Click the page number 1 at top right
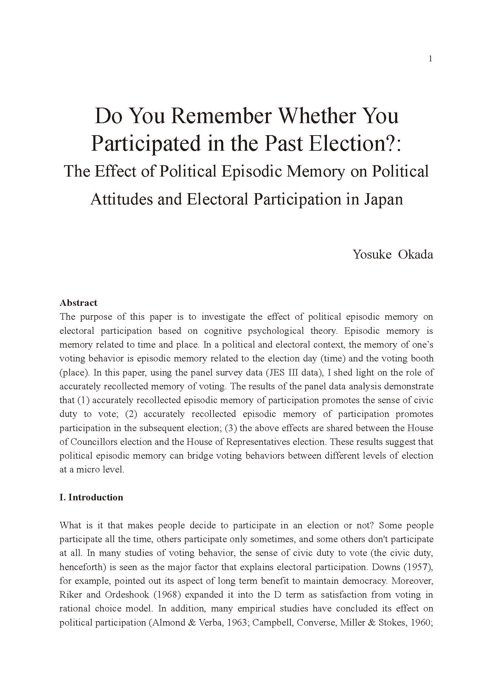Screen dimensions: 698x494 [430, 59]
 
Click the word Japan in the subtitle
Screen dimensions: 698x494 [383, 199]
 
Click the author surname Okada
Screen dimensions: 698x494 [415, 255]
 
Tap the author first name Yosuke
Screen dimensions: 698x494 [372, 255]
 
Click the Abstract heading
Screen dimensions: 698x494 [79, 303]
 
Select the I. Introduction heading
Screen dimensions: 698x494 [91, 497]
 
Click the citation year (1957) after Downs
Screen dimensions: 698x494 [420, 567]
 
